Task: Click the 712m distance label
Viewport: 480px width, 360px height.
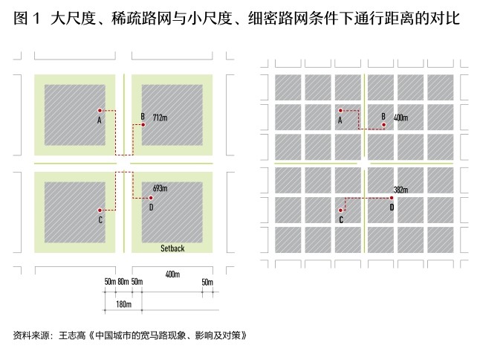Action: coord(160,118)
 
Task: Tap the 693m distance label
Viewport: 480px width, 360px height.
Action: coord(160,189)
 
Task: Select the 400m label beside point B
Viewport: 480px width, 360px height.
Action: coord(401,118)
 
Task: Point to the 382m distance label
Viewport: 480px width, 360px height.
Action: coord(401,190)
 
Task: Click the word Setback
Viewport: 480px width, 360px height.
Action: coord(172,248)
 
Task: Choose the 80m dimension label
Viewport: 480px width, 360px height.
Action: coord(123,283)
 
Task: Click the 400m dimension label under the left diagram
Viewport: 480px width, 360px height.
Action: coord(172,274)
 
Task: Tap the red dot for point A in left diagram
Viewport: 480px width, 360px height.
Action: coord(100,110)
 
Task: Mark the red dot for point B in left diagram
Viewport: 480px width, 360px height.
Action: coord(143,125)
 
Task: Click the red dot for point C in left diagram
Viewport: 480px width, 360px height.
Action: coord(100,210)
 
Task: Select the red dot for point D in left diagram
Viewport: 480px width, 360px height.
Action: coord(151,198)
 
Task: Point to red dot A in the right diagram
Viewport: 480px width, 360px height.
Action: coord(340,110)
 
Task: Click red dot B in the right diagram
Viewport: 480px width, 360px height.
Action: coord(383,125)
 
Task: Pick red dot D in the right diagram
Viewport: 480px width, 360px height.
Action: coord(392,198)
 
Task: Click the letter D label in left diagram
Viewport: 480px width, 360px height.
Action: coord(151,207)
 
